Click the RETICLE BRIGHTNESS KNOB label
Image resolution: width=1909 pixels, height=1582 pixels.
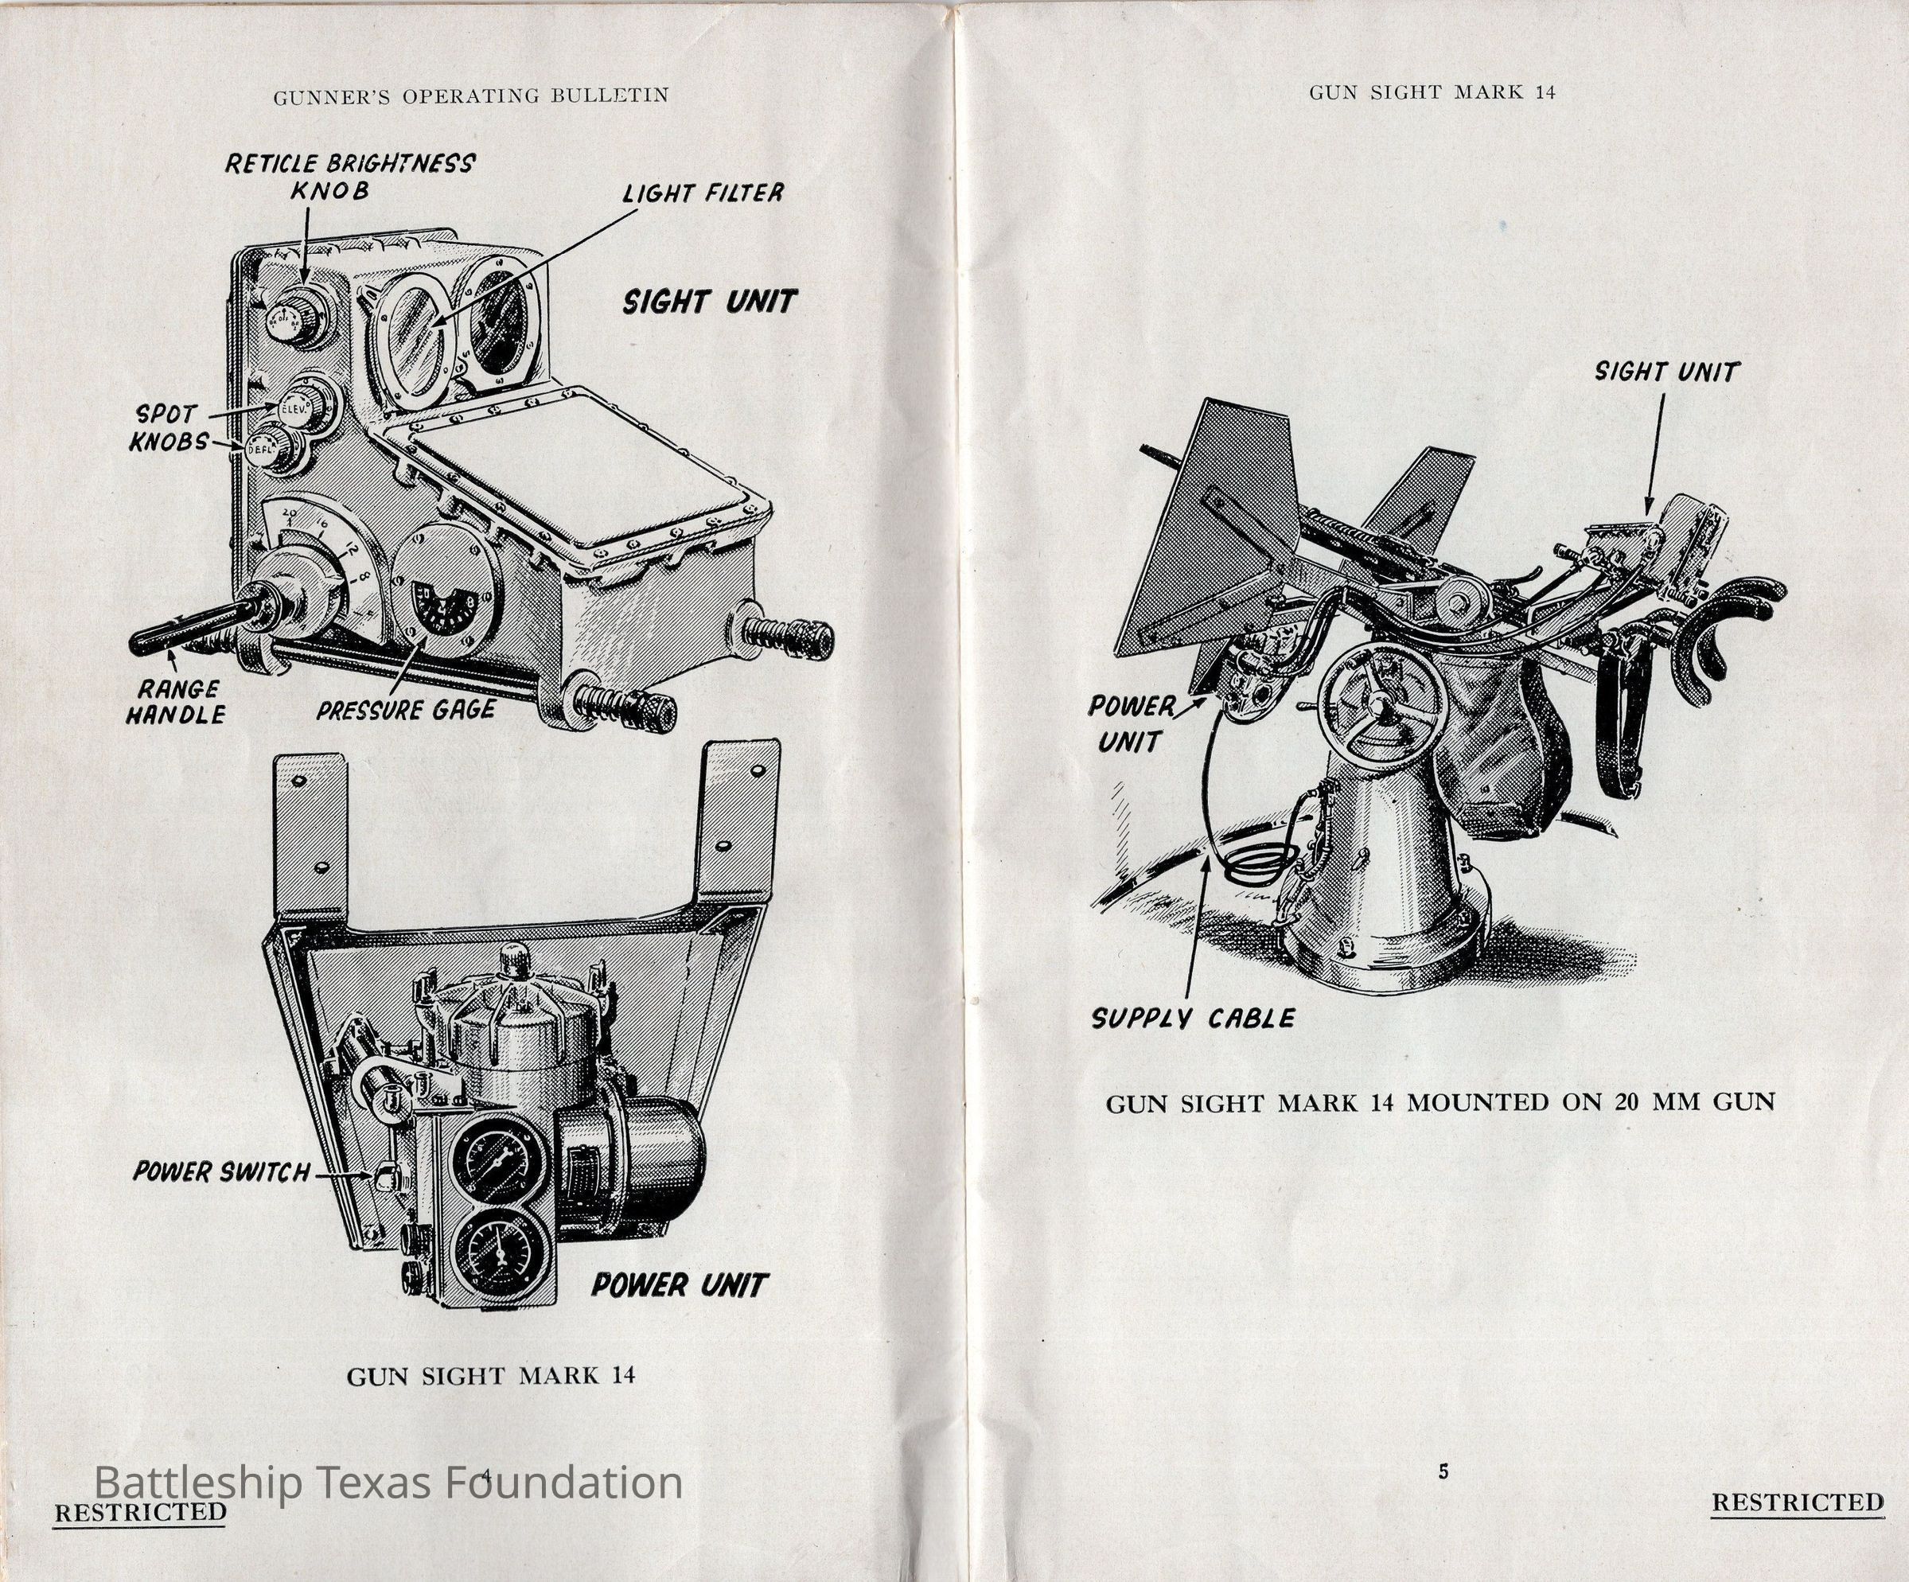(x=349, y=177)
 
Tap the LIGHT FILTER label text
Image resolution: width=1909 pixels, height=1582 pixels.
(x=702, y=193)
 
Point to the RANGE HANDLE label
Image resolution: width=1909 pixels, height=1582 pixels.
(x=174, y=702)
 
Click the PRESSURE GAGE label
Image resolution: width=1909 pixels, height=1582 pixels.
(x=406, y=710)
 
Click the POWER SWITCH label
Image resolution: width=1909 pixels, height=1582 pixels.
(x=222, y=1173)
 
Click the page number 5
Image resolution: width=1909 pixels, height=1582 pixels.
(x=1443, y=1473)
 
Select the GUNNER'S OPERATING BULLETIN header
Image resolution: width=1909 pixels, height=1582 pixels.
(x=471, y=95)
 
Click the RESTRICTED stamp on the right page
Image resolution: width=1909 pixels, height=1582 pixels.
(x=1797, y=1502)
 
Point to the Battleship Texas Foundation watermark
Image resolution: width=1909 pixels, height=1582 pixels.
(x=388, y=1483)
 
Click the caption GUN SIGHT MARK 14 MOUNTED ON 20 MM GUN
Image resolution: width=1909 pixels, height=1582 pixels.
(x=1440, y=1103)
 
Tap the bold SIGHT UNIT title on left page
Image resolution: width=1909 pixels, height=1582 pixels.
(x=709, y=302)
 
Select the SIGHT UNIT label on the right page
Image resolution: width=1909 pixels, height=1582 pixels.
(x=1666, y=372)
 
